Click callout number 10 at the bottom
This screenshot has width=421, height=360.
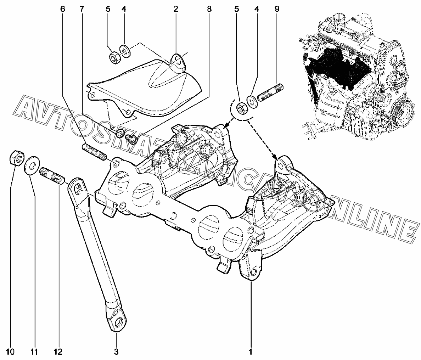11,351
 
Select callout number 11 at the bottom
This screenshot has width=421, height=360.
34,351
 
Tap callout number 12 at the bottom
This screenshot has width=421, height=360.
58,351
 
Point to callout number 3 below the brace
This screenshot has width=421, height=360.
116,351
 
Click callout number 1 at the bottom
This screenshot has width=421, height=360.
251,351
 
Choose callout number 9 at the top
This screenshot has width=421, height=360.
277,9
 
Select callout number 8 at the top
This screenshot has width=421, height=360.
209,9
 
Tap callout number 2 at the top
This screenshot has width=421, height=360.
176,9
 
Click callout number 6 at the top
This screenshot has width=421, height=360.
63,9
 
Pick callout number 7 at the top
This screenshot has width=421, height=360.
82,9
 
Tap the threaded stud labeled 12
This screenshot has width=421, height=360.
52,176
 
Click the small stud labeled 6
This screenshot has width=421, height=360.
94,152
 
